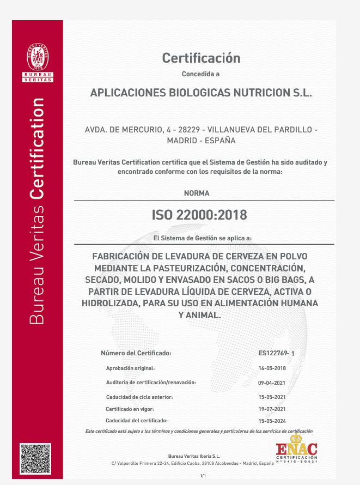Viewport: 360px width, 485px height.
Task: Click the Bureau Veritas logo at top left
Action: [x=38, y=62]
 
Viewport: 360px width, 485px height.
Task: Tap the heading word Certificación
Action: [x=201, y=58]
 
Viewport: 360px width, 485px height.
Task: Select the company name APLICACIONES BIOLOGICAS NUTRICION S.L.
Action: [x=201, y=93]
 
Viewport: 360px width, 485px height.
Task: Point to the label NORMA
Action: [x=197, y=193]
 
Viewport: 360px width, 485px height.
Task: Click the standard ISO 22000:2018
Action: [x=199, y=215]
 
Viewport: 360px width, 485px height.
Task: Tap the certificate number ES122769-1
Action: [x=276, y=354]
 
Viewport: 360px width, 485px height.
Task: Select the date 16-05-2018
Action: [x=272, y=368]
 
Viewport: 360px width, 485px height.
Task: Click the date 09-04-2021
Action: [x=272, y=383]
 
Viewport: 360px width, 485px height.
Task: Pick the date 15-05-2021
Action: [x=272, y=397]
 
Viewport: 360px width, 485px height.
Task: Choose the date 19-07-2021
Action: [x=272, y=409]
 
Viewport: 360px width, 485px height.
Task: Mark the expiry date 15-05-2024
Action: [x=272, y=421]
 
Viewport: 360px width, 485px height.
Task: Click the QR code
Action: [x=35, y=458]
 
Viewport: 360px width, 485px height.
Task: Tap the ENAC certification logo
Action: [x=296, y=450]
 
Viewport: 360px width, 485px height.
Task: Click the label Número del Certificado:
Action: [x=136, y=353]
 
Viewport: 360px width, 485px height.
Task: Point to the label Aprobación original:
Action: [x=131, y=368]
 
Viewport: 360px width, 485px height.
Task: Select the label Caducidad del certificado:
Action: [x=137, y=421]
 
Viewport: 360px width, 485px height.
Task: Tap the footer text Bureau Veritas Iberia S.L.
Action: [x=194, y=456]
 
